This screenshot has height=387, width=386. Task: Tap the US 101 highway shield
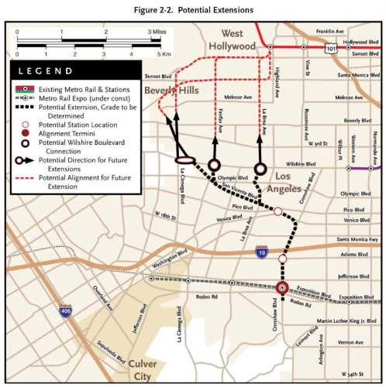point(331,49)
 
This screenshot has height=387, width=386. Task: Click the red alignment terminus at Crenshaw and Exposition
point(282,288)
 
